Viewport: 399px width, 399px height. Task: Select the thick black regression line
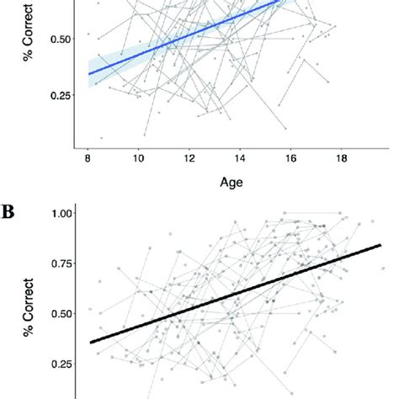click(236, 293)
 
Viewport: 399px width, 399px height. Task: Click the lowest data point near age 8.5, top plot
click(101, 137)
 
